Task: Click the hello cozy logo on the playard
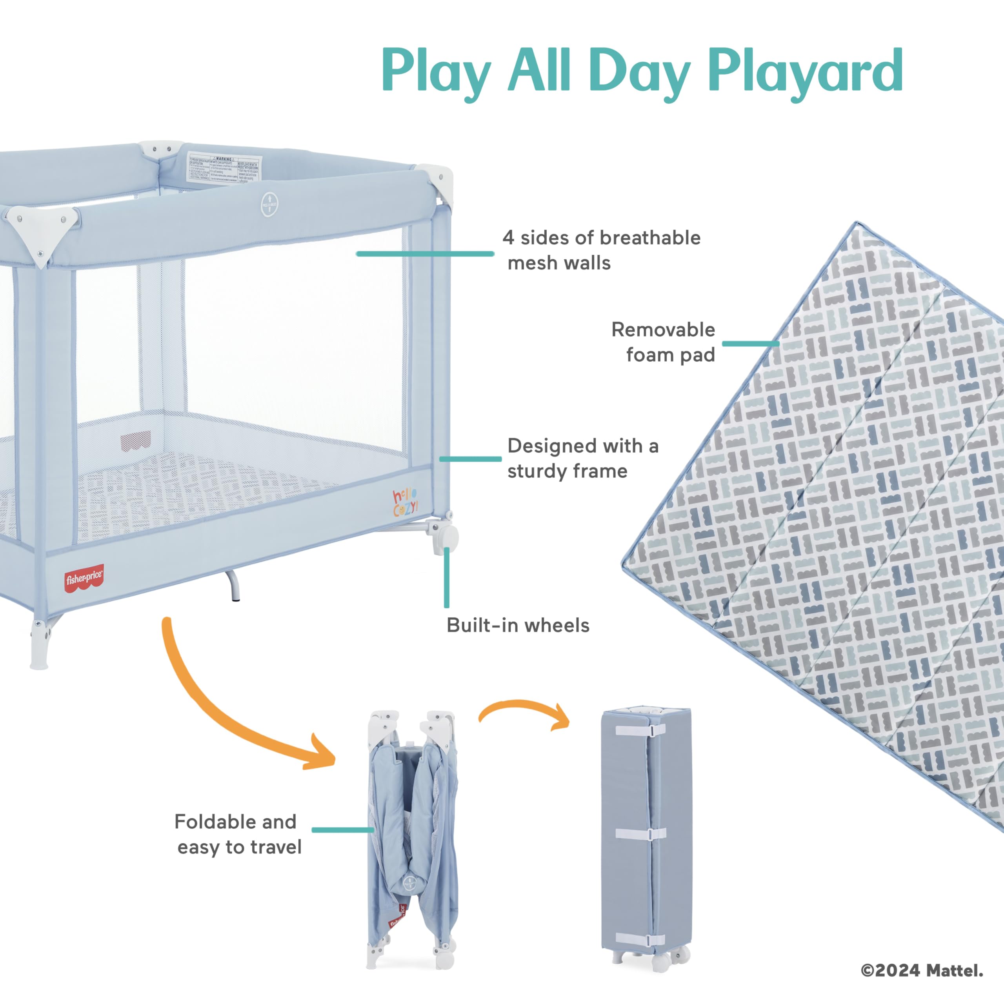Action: (x=405, y=502)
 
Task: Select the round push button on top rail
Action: (x=269, y=204)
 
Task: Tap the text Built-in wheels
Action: (x=518, y=625)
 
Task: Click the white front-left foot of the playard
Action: (x=40, y=644)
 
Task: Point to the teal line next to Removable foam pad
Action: (x=750, y=344)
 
